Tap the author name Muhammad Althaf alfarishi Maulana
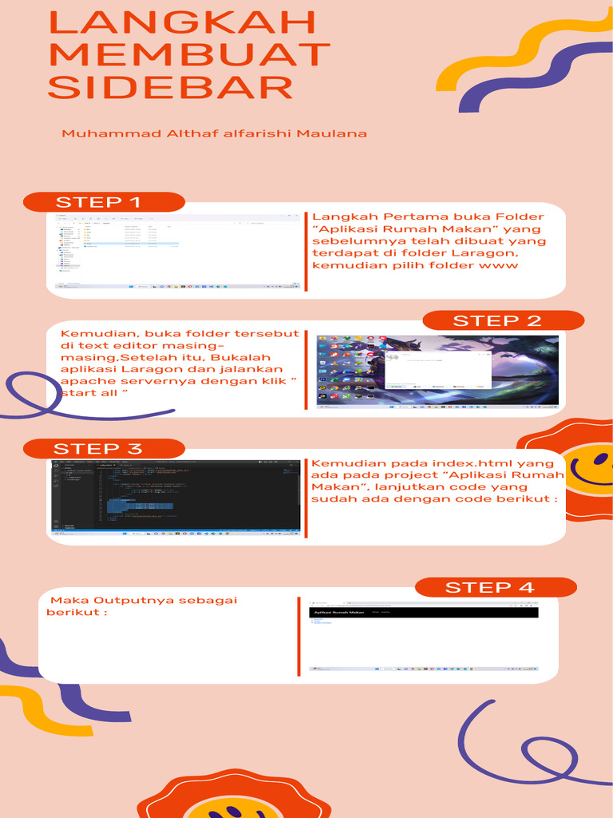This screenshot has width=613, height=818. [215, 133]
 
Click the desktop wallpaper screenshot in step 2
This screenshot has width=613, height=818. [437, 372]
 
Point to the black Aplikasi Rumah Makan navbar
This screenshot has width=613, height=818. [423, 613]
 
